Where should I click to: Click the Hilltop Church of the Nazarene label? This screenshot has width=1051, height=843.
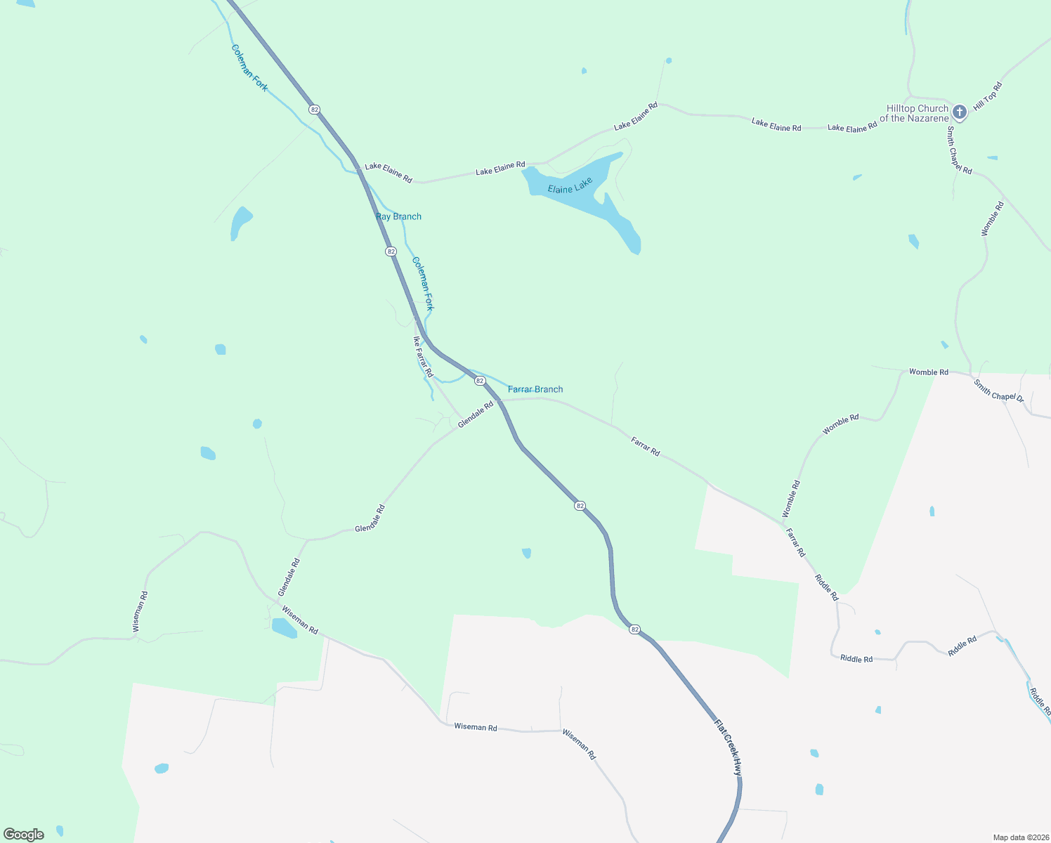pyautogui.click(x=917, y=113)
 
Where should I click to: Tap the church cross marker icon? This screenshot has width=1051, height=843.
pyautogui.click(x=960, y=112)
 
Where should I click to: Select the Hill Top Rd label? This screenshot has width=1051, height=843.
pyautogui.click(x=988, y=96)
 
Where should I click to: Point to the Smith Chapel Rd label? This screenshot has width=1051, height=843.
pyautogui.click(x=958, y=150)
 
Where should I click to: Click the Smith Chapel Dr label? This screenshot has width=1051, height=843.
pyautogui.click(x=998, y=391)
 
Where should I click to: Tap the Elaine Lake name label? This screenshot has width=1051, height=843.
pyautogui.click(x=570, y=185)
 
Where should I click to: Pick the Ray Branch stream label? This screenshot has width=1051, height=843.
pyautogui.click(x=398, y=216)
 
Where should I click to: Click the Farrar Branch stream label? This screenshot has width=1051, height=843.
pyautogui.click(x=535, y=389)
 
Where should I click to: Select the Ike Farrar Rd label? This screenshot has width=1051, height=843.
pyautogui.click(x=423, y=356)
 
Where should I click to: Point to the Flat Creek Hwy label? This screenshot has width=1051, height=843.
pyautogui.click(x=728, y=746)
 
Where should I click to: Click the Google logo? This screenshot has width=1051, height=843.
pyautogui.click(x=24, y=835)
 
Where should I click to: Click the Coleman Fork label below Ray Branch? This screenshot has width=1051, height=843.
pyautogui.click(x=423, y=284)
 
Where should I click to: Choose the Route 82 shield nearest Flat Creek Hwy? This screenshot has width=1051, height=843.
pyautogui.click(x=635, y=629)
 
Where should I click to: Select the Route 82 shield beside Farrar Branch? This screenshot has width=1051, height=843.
pyautogui.click(x=480, y=381)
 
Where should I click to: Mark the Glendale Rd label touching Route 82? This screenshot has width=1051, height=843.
pyautogui.click(x=476, y=414)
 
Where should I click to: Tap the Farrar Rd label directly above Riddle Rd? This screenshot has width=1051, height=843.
pyautogui.click(x=795, y=543)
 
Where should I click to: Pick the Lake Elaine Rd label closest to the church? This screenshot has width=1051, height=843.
pyautogui.click(x=852, y=127)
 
